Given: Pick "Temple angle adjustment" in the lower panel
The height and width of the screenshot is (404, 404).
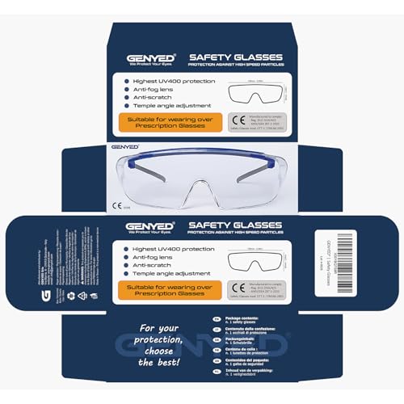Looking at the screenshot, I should pyautogui.click(x=170, y=274).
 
